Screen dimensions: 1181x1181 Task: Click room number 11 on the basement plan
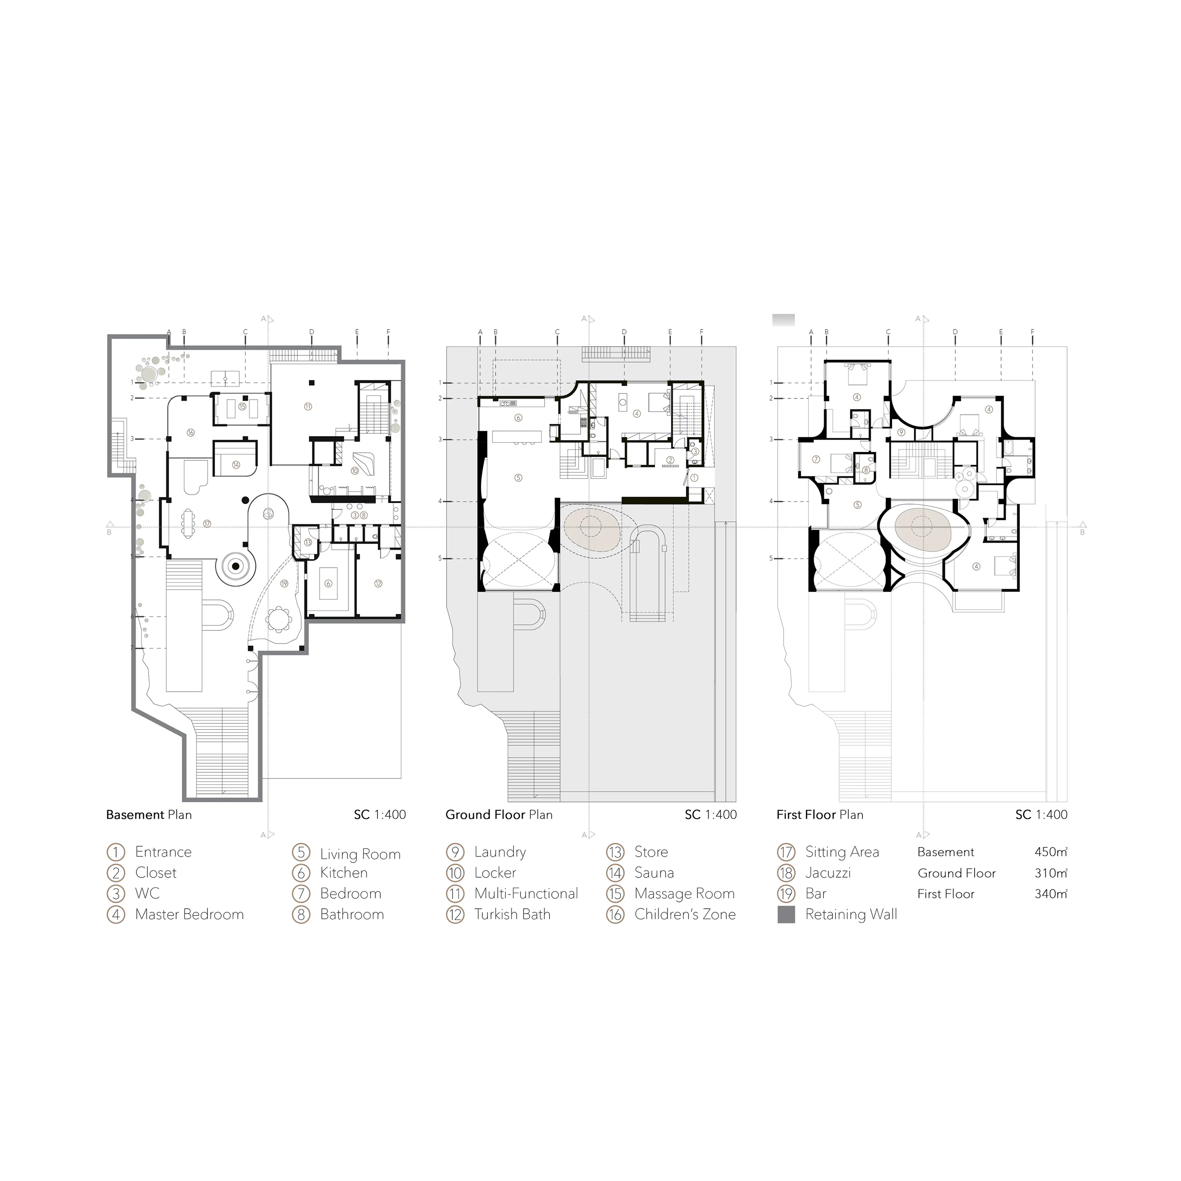[308, 406]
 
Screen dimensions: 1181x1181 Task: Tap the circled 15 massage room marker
[242, 406]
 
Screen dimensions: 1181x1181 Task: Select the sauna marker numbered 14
[236, 465]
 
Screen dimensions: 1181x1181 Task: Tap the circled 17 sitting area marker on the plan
[207, 523]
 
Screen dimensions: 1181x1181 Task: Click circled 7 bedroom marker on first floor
[815, 459]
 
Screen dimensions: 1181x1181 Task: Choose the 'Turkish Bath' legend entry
[512, 914]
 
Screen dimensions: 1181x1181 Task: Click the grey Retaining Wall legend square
[786, 914]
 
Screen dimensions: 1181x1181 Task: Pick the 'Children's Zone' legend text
[685, 914]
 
